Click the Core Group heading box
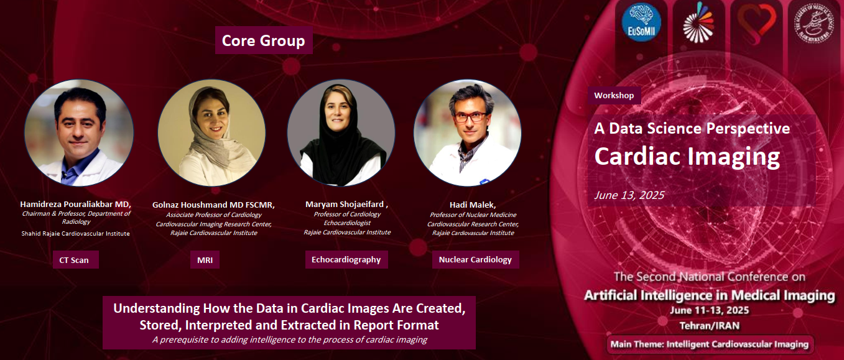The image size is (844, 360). [x=264, y=40]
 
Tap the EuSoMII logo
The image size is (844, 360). [x=641, y=22]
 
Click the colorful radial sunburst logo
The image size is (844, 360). [x=698, y=22]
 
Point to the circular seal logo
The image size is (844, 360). [x=814, y=22]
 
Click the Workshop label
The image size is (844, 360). [x=614, y=95]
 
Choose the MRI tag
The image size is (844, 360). [x=205, y=260]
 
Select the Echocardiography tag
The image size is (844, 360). [x=346, y=259]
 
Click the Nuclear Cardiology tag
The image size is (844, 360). [x=476, y=259]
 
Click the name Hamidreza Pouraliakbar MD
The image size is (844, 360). [x=75, y=204]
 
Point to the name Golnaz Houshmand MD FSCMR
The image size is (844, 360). [x=213, y=205]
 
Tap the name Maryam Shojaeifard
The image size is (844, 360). [x=345, y=204]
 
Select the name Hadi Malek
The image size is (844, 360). [x=471, y=205]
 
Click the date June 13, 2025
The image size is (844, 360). [x=629, y=195]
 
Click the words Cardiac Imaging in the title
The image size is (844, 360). [x=687, y=156]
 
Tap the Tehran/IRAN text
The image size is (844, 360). [x=710, y=326]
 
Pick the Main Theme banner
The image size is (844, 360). [x=710, y=344]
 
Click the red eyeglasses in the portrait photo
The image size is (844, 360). [x=470, y=117]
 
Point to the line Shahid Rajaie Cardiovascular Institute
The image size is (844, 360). [x=75, y=234]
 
